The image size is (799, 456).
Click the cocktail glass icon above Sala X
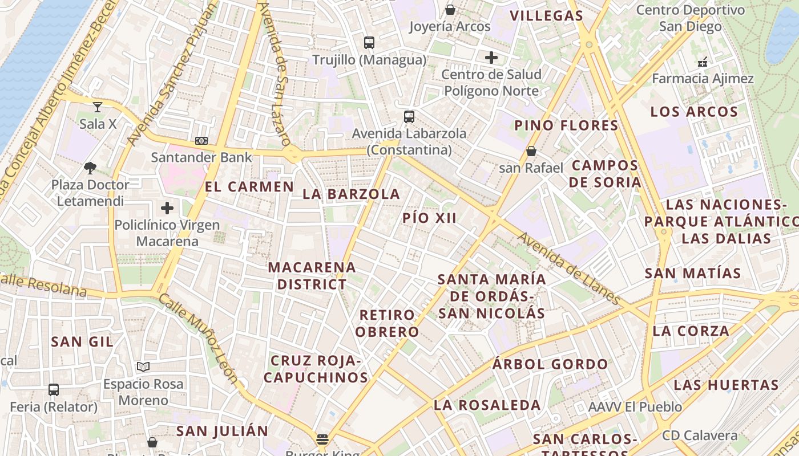(x=98, y=107)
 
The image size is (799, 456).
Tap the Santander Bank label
(x=201, y=157)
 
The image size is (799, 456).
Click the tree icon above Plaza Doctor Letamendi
(x=90, y=168)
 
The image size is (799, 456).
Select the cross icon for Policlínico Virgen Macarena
(x=167, y=208)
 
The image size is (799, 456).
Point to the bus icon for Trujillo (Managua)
(x=369, y=42)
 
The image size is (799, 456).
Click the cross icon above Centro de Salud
(x=491, y=57)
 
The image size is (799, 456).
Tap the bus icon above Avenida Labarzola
(x=409, y=117)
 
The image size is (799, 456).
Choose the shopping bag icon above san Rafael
(x=531, y=151)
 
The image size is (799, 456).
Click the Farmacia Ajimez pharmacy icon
(x=703, y=62)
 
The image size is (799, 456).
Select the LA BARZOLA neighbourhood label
(x=352, y=194)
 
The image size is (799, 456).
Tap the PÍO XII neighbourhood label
(x=430, y=218)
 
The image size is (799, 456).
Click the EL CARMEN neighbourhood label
(x=249, y=186)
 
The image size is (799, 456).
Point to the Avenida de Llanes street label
(x=569, y=269)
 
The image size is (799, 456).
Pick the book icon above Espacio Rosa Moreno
(x=143, y=367)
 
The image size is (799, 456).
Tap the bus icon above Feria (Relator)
(x=54, y=390)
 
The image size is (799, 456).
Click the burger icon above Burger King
(x=322, y=439)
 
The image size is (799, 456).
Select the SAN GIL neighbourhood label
(x=82, y=341)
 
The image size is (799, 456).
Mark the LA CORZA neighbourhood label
(x=691, y=331)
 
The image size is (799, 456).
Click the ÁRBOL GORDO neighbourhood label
(x=550, y=364)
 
